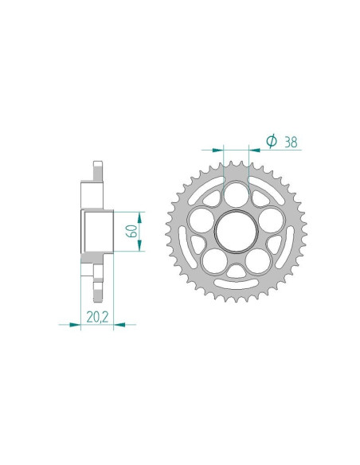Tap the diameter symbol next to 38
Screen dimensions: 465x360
point(270,142)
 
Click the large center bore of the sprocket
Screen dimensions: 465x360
point(237,232)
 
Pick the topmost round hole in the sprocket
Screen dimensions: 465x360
point(237,195)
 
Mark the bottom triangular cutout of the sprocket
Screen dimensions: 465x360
point(237,272)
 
